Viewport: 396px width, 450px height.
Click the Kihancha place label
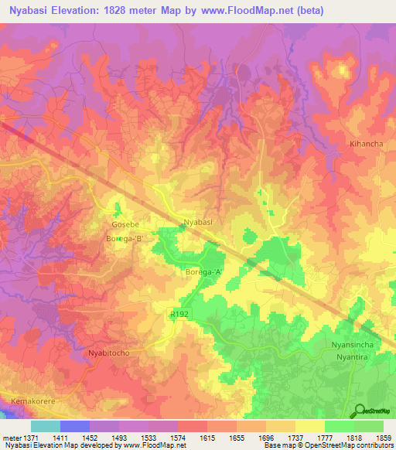(x=367, y=145)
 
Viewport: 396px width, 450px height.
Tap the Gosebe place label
(x=125, y=224)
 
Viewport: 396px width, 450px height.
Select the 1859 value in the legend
(x=383, y=438)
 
